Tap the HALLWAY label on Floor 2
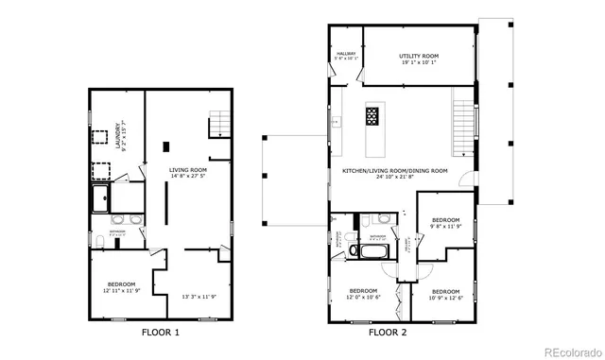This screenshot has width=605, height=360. click(x=345, y=54)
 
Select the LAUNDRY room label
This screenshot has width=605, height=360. click(x=118, y=131)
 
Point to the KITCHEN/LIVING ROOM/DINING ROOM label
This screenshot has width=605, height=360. click(x=394, y=170)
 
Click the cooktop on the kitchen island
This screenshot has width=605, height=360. click(x=372, y=116)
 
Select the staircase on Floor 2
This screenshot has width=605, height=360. click(x=462, y=128)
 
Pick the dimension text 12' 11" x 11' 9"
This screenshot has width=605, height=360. click(x=120, y=290)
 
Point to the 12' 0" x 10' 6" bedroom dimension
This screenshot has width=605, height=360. click(x=364, y=297)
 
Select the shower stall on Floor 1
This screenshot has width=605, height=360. click(x=100, y=197)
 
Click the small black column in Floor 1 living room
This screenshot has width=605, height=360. click(x=166, y=146)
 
